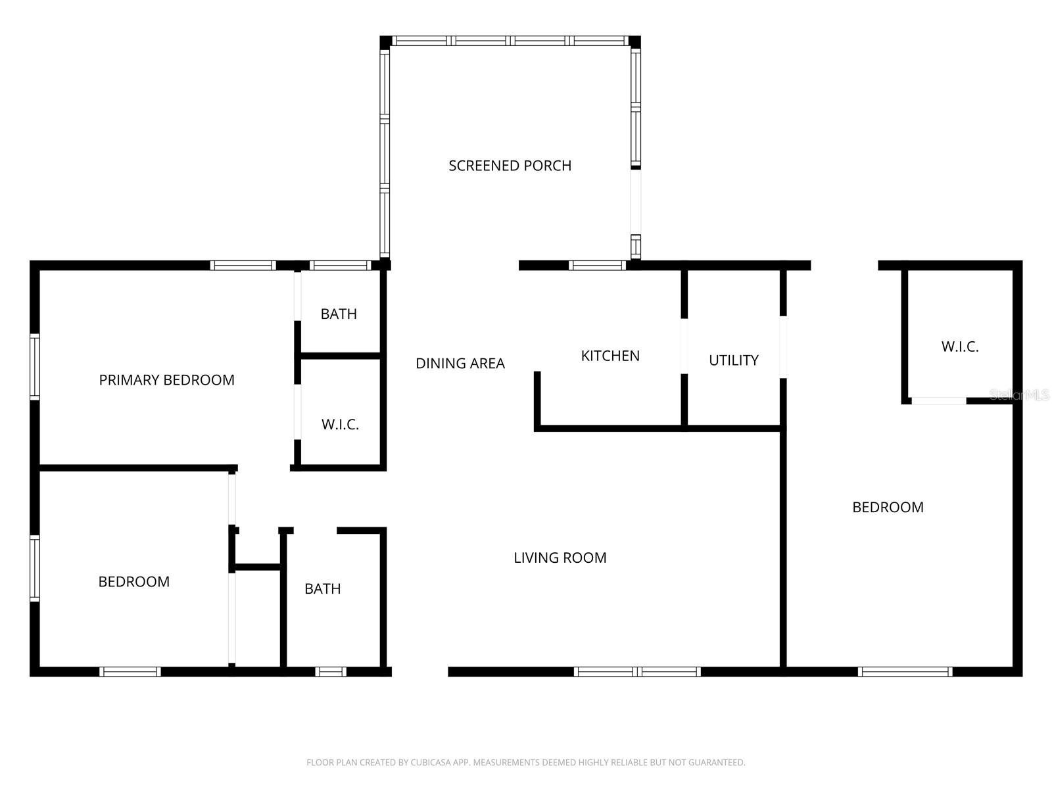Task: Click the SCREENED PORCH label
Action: click(x=510, y=166)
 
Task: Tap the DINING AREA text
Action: click(x=460, y=364)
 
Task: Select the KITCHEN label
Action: click(x=610, y=356)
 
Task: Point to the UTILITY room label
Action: click(x=733, y=360)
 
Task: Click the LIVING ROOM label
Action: click(x=560, y=558)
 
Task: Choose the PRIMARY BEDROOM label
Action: click(x=167, y=380)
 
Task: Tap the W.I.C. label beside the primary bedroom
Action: click(x=341, y=425)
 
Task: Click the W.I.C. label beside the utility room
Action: click(x=960, y=347)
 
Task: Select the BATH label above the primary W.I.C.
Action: click(x=339, y=314)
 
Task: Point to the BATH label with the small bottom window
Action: click(x=323, y=588)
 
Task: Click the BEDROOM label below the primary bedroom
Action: click(x=133, y=582)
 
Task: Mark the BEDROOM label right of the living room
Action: click(x=888, y=508)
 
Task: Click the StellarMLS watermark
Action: click(x=1019, y=394)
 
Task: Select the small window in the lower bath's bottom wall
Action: click(x=331, y=671)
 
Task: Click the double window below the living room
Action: click(x=637, y=671)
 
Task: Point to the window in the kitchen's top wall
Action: click(x=597, y=266)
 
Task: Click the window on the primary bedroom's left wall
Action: click(x=34, y=366)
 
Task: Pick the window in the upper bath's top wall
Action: click(x=341, y=266)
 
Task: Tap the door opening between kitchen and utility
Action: click(x=684, y=346)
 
